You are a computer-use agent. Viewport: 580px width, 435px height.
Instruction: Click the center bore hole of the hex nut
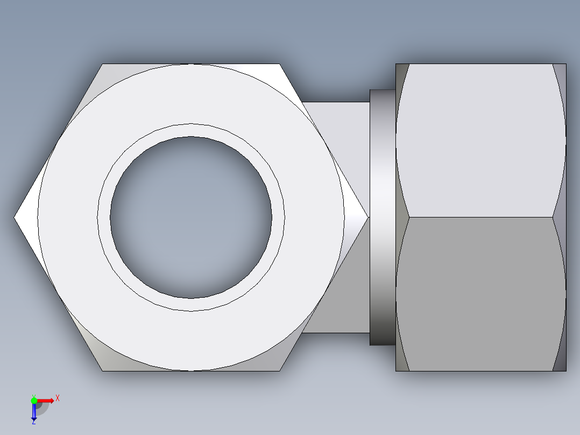point(191,217)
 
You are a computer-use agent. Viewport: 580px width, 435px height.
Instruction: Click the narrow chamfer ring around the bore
point(191,130)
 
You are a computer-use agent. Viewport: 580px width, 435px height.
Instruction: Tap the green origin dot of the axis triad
point(34,400)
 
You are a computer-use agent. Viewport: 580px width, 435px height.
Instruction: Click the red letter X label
point(58,398)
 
